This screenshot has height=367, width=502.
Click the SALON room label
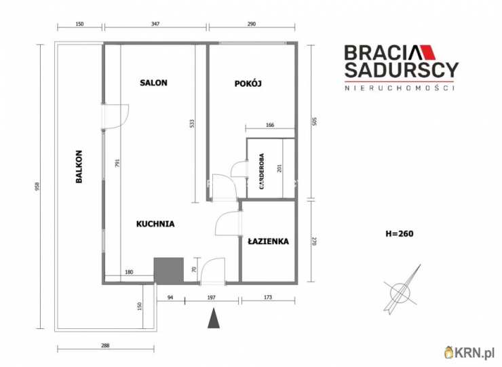coord(153,83)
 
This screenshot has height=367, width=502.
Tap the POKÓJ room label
coord(248,83)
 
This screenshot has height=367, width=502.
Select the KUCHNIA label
coord(155,224)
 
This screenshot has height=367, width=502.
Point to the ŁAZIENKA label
coord(268,241)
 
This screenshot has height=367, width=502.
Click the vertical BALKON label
coord(79,166)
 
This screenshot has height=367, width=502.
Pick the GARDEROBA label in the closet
coord(262,172)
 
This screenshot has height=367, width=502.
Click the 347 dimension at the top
coord(155,24)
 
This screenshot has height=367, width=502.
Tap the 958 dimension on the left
coord(37,186)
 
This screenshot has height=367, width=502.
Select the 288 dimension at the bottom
coord(105,345)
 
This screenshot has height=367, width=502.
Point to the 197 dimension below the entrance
coord(211,298)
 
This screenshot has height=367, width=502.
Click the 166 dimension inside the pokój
coord(270,125)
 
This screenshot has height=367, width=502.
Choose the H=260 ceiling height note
coord(400,233)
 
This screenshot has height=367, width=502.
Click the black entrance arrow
coord(214,318)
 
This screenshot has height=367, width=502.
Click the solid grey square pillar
coord(169,271)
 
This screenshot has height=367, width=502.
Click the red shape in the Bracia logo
coord(428,52)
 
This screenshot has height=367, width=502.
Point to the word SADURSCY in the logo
coord(402,70)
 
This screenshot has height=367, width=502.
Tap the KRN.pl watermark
coord(469,352)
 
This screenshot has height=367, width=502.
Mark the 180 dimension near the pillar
coord(129,272)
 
